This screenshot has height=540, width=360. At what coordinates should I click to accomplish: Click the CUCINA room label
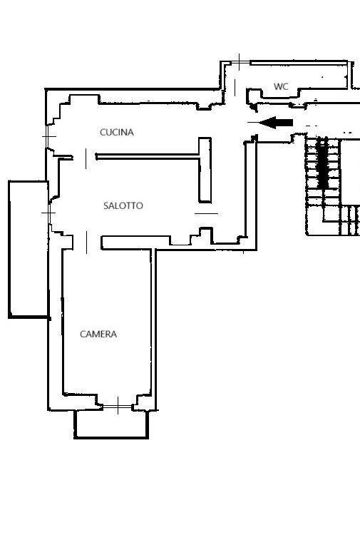tap(117, 132)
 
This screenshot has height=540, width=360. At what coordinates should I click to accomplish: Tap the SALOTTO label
tap(123, 206)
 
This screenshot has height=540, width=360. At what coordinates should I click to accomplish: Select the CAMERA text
tap(98, 334)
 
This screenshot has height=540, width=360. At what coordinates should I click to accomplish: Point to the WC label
tap(281, 86)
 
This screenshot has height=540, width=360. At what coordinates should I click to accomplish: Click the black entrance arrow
tap(276, 123)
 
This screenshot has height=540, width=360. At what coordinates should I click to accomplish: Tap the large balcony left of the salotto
tap(29, 249)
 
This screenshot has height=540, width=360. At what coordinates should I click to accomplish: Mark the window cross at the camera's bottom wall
tap(118, 406)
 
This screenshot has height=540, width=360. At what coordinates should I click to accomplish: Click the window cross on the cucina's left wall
tap(48, 137)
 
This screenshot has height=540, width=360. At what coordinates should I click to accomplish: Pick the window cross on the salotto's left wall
tap(49, 213)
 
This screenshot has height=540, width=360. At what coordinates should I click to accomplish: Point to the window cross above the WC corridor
tap(240, 62)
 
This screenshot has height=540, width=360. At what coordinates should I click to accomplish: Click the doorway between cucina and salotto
tap(86, 158)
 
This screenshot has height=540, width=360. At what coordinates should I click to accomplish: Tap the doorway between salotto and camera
tap(86, 243)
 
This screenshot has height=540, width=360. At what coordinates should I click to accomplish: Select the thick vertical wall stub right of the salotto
tap(205, 170)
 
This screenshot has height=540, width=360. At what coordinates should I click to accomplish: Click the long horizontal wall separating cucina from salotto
tap(148, 157)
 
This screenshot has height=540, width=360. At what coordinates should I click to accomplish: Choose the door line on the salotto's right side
tap(206, 213)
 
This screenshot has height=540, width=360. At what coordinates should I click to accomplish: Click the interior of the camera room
tap(107, 310)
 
